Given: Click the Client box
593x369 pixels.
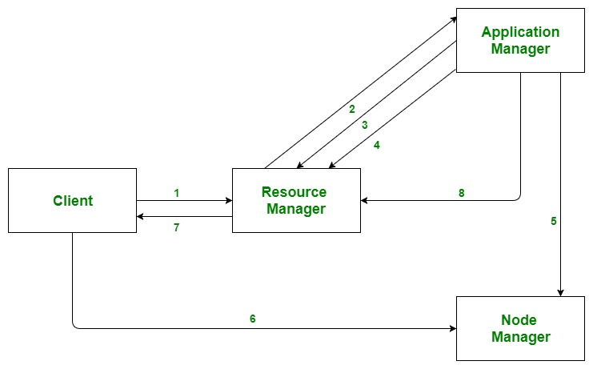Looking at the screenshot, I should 72,200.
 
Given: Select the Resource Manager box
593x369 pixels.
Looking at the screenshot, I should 296,200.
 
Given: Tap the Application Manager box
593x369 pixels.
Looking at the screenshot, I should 520,40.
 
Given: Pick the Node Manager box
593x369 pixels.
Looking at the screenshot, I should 520,328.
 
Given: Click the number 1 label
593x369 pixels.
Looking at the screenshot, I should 176,193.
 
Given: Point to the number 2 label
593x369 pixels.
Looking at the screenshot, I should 351,109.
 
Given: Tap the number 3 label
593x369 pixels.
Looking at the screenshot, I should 364,125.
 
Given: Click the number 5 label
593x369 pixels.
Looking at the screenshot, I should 554,222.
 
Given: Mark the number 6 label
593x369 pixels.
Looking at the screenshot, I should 253,319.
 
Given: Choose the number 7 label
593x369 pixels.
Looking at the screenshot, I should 176,228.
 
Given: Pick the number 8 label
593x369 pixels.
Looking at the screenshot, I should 462,193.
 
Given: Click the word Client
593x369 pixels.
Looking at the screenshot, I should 72,201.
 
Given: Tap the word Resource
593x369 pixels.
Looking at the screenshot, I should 294,192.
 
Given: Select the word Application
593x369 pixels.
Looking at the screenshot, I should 520,32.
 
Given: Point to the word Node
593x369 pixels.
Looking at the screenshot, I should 520,319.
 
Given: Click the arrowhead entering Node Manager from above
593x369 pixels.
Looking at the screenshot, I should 560,292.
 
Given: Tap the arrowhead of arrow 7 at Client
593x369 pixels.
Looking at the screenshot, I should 141,216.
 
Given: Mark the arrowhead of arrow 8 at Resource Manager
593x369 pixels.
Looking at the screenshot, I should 365,200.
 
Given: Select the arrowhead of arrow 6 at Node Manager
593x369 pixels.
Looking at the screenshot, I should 452,328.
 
